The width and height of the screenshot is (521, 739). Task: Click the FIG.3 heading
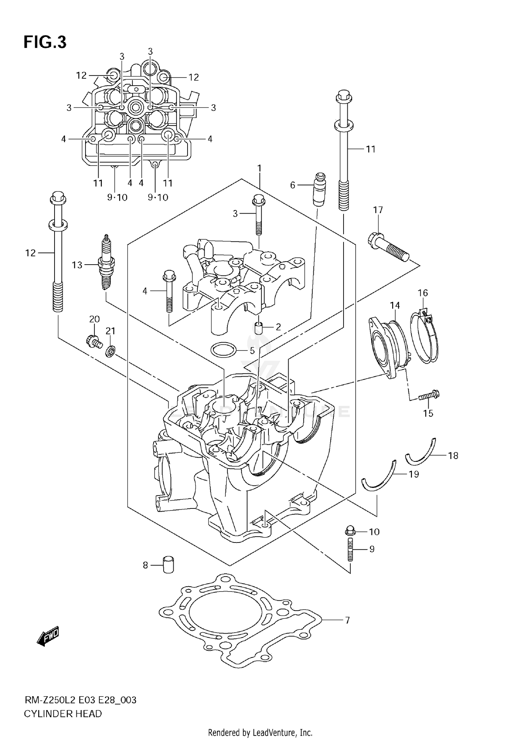[45, 42]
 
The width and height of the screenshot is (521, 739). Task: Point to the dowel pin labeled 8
[168, 565]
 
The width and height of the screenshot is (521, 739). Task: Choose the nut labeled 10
[350, 531]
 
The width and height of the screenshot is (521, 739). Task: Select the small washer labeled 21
[110, 351]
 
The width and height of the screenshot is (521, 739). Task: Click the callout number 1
[259, 169]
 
